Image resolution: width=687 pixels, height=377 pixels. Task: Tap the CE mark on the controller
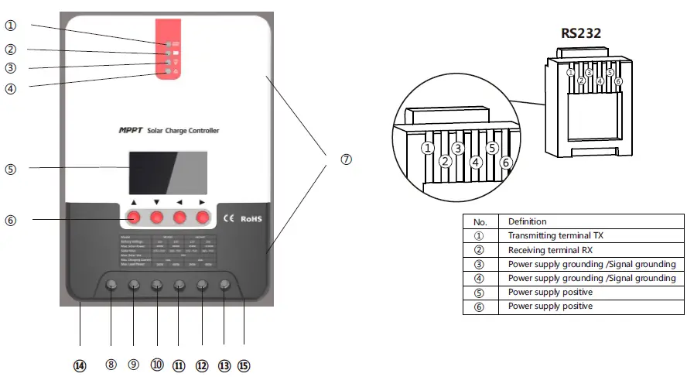[228, 218]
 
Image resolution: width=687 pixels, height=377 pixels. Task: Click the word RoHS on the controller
[251, 218]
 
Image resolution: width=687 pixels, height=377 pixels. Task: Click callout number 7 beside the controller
[346, 159]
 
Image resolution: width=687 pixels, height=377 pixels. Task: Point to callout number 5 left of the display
[10, 168]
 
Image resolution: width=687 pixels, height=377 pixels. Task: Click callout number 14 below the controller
[80, 365]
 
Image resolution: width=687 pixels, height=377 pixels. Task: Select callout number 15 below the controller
[244, 365]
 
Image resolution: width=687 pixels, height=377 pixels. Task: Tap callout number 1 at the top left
[10, 25]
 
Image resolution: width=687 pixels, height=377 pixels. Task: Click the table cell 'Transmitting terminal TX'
[549, 235]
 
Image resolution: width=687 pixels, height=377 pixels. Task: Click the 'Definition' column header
[527, 221]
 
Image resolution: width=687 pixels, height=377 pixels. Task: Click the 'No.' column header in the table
[480, 221]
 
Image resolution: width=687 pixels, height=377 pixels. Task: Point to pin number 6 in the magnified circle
[505, 163]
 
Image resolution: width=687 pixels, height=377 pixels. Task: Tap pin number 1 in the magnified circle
[427, 147]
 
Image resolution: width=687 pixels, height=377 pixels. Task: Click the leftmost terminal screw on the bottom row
[111, 285]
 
